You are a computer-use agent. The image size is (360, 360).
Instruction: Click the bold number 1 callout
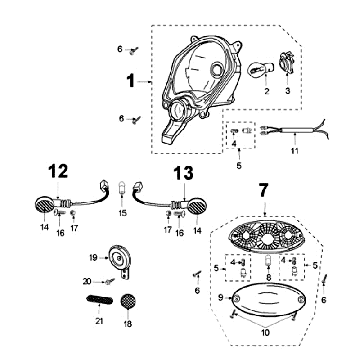click(x=131, y=81)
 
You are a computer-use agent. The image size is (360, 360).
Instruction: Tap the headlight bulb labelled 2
click(x=260, y=69)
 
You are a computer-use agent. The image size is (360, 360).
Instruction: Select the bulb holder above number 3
click(x=287, y=63)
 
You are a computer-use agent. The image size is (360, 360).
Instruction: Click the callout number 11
click(x=294, y=151)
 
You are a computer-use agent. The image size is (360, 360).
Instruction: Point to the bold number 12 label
click(x=58, y=171)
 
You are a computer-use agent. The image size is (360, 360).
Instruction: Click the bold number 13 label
click(x=183, y=173)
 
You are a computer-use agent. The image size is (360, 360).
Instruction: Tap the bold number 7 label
click(x=263, y=191)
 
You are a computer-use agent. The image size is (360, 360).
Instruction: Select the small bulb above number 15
click(x=123, y=188)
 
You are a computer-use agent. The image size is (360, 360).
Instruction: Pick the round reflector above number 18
click(x=128, y=301)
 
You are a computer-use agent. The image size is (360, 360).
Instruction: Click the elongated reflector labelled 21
click(x=100, y=299)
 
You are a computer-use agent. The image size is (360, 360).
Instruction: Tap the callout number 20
click(x=87, y=282)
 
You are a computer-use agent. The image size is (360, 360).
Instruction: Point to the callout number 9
click(x=221, y=298)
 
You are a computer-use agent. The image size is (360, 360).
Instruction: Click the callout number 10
click(x=266, y=332)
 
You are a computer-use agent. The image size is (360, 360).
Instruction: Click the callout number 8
click(x=268, y=278)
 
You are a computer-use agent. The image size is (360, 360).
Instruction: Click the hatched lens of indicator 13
click(x=197, y=206)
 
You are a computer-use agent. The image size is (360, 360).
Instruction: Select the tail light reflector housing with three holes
click(x=266, y=237)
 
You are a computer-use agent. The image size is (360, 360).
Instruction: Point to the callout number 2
click(x=267, y=90)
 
